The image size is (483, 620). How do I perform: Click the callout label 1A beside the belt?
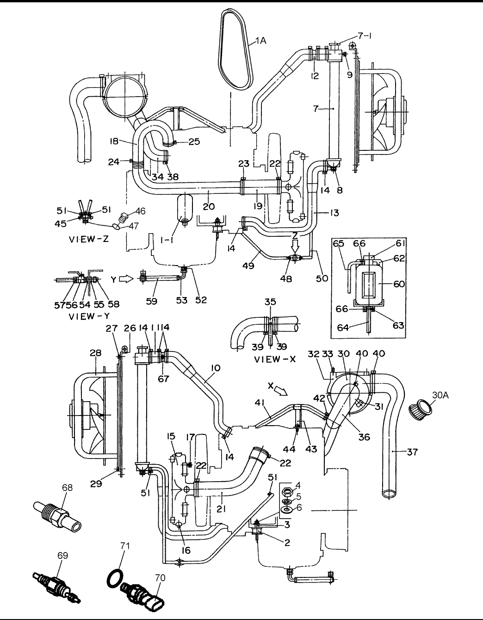(260, 41)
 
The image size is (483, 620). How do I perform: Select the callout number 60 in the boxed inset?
(398, 284)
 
